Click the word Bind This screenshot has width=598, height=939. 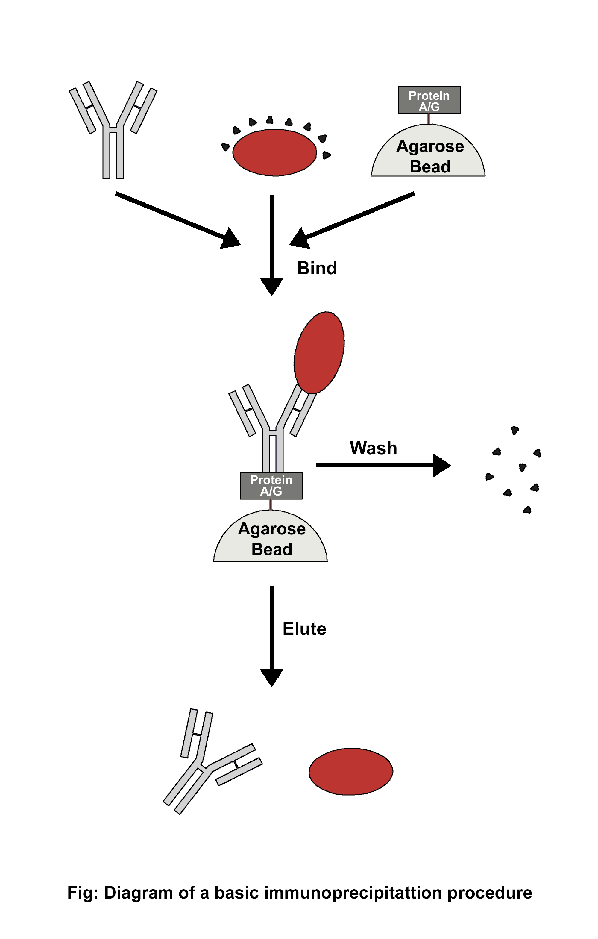coord(317,268)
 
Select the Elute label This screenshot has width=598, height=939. coord(304,628)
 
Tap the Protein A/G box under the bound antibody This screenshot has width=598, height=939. coord(271,485)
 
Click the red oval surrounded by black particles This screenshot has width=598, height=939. coord(274,152)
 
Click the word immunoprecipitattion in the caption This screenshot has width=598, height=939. coord(353,893)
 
